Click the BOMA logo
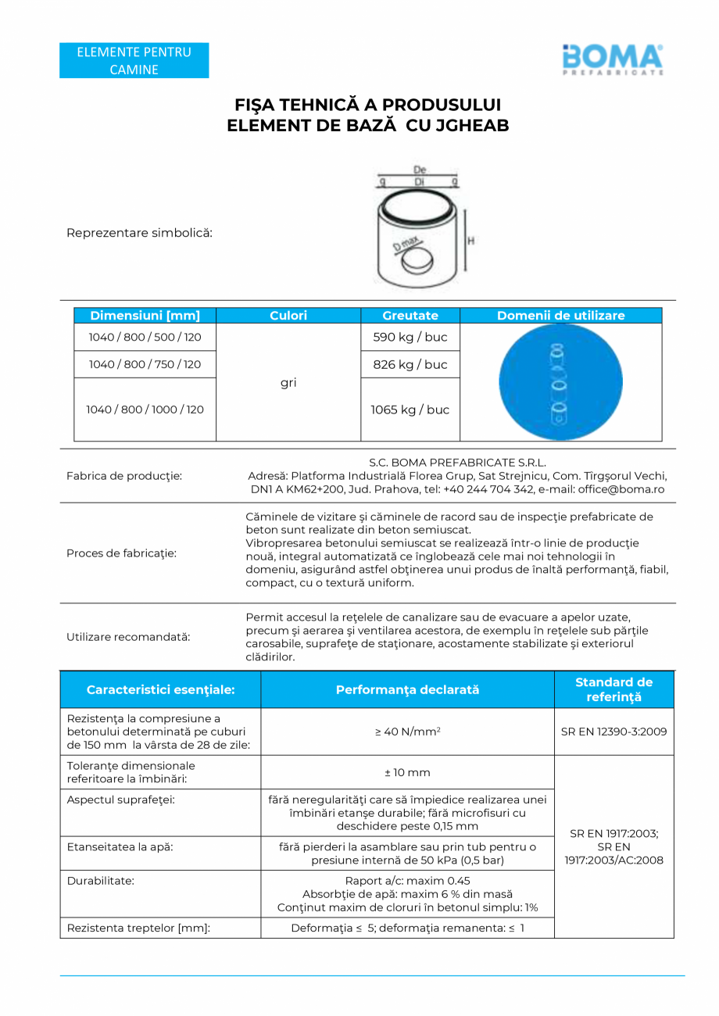click(x=612, y=59)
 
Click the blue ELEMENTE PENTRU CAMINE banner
click(x=134, y=61)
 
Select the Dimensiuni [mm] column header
click(x=145, y=316)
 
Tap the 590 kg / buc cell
click(x=410, y=338)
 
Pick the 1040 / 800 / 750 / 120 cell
click(x=145, y=364)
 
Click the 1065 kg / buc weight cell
click(x=410, y=410)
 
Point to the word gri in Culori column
click(x=288, y=383)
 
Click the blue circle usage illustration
click(x=560, y=382)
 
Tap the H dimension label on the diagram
click(x=470, y=241)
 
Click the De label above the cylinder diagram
click(x=420, y=170)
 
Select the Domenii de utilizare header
click(x=560, y=316)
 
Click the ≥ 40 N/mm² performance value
click(x=407, y=732)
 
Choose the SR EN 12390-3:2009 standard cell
click(x=613, y=732)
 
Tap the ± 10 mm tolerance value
click(x=407, y=772)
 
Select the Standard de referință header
click(x=613, y=689)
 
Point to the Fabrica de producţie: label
click(x=124, y=475)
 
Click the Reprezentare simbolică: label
click(x=139, y=233)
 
